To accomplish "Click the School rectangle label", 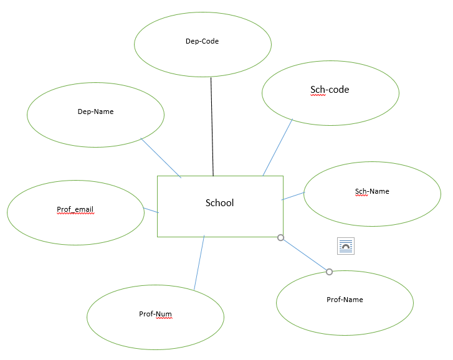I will point(220,202).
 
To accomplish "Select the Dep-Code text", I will point(203,42).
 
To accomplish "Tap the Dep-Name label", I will point(95,112).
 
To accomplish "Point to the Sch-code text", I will point(330,90).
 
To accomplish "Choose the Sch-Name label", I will point(372,191).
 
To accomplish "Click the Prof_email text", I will point(75,209).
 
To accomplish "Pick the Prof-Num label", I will point(155,314).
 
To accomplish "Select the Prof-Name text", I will point(345,300).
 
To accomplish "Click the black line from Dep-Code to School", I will point(212,125).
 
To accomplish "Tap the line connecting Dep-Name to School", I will point(161,158).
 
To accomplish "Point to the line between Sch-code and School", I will point(278,147).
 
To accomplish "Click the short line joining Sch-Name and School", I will point(293,196).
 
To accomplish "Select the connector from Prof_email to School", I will point(151,211).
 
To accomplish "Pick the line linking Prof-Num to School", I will point(199,263).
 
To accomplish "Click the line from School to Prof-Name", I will point(305,254).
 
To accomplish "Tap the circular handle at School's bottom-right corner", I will point(280,237).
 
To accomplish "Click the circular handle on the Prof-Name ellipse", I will point(330,272).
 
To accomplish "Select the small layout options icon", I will point(346,246).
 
